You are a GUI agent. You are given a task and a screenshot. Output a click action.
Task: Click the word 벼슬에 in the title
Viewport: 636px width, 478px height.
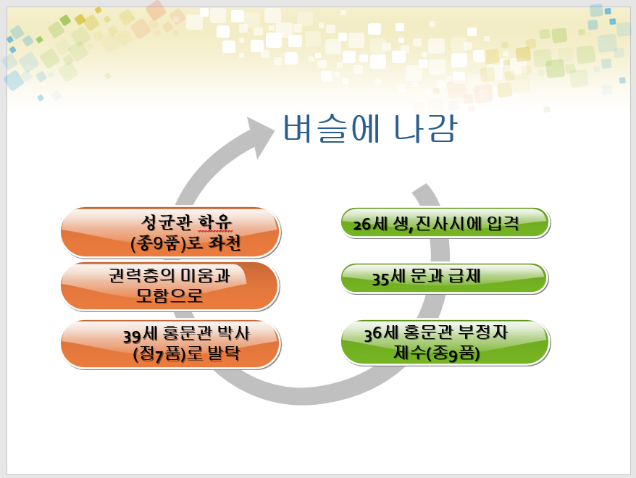pyautogui.click(x=331, y=128)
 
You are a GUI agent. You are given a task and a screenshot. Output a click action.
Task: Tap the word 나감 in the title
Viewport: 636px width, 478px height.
pyautogui.click(x=425, y=128)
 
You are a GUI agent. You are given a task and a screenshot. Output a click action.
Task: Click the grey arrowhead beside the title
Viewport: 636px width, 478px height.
pyautogui.click(x=259, y=136)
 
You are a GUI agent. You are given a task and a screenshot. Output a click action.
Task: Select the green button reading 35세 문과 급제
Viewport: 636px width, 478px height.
pyautogui.click(x=445, y=278)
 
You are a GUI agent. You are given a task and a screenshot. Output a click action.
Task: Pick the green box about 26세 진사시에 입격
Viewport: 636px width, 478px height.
pyautogui.click(x=445, y=223)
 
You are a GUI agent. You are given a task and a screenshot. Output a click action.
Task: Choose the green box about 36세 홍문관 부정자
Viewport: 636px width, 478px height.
pyautogui.click(x=445, y=343)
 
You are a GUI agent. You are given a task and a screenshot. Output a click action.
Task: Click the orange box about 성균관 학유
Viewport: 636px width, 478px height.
pyautogui.click(x=170, y=232)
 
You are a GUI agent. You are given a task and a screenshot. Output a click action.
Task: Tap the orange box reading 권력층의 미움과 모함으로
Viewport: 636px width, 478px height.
pyautogui.click(x=170, y=286)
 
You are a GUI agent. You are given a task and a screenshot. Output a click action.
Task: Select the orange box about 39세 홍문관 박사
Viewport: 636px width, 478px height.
pyautogui.click(x=170, y=344)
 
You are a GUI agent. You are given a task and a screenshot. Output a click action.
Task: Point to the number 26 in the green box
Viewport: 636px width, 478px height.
pyautogui.click(x=361, y=225)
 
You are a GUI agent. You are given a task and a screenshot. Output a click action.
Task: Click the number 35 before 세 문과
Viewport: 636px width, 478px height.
pyautogui.click(x=381, y=280)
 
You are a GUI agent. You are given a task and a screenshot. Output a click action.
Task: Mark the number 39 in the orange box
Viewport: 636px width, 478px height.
pyautogui.click(x=133, y=336)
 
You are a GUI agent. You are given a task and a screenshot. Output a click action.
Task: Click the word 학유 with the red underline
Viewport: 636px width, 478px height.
pyautogui.click(x=215, y=222)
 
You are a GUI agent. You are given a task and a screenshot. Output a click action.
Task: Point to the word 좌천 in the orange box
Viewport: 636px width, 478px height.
pyautogui.click(x=225, y=243)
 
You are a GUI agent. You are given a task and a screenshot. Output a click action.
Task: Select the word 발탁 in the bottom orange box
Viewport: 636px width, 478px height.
pyautogui.click(x=224, y=353)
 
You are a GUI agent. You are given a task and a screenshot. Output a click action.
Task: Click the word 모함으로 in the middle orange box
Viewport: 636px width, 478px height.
pyautogui.click(x=169, y=296)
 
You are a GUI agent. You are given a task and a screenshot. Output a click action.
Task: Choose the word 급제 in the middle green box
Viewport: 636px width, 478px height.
pyautogui.click(x=464, y=276)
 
